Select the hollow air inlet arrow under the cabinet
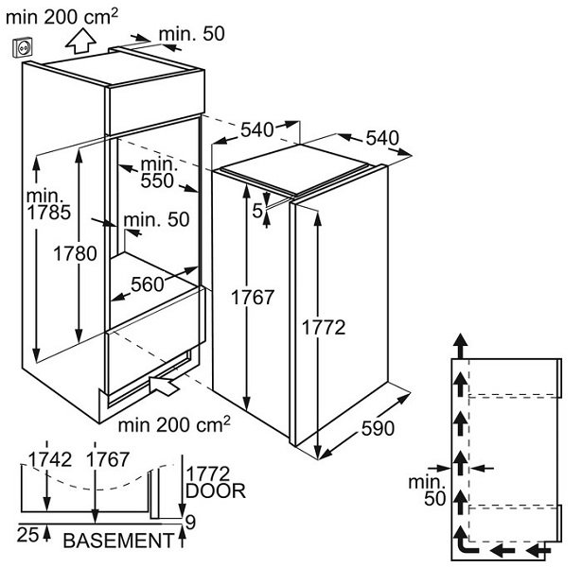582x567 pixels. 165,385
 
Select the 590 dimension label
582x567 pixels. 376,427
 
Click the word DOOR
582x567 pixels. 217,490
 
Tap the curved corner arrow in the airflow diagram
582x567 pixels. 465,546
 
